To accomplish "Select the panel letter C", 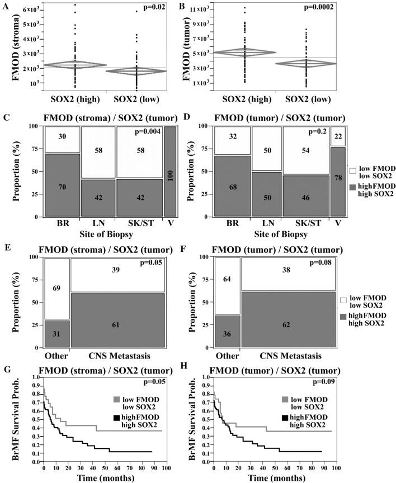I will pyautogui.click(x=5, y=118).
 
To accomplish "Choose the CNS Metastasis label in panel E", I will pyautogui.click(x=119, y=354).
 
